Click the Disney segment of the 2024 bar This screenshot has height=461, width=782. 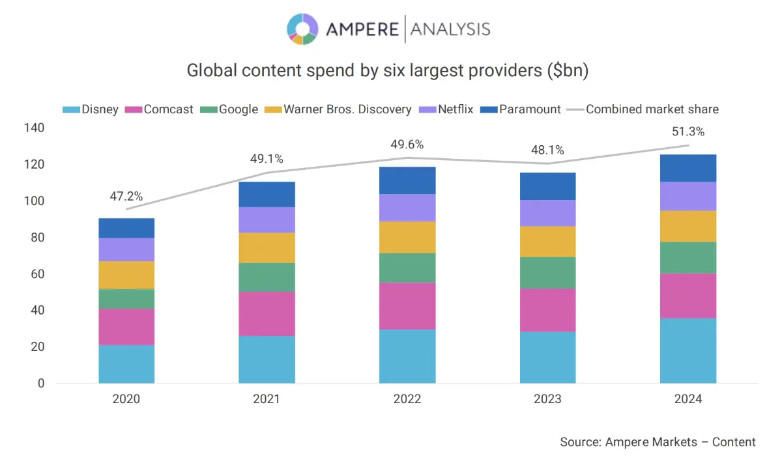pyautogui.click(x=688, y=350)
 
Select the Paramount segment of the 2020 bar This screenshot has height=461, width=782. pyautogui.click(x=126, y=228)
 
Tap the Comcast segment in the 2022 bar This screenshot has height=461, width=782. pyautogui.click(x=407, y=305)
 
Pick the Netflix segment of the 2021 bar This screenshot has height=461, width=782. pyautogui.click(x=267, y=220)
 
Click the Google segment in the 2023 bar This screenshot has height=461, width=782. pyautogui.click(x=547, y=272)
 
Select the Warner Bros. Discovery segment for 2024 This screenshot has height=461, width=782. pyautogui.click(x=688, y=226)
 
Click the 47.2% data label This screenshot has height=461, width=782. pyautogui.click(x=126, y=195)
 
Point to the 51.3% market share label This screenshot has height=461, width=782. pyautogui.click(x=688, y=132)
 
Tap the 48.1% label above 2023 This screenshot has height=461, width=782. pyautogui.click(x=547, y=150)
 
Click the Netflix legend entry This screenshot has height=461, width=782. pyautogui.click(x=447, y=109)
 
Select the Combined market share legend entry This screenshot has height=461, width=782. pyautogui.click(x=644, y=109)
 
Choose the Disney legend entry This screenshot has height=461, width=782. pyautogui.click(x=91, y=109)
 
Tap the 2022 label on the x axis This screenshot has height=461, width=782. pyautogui.click(x=407, y=399)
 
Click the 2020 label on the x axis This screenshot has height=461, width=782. pyautogui.click(x=126, y=399)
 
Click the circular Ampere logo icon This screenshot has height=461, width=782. pyautogui.click(x=302, y=29)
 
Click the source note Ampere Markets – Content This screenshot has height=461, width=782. pyautogui.click(x=658, y=442)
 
